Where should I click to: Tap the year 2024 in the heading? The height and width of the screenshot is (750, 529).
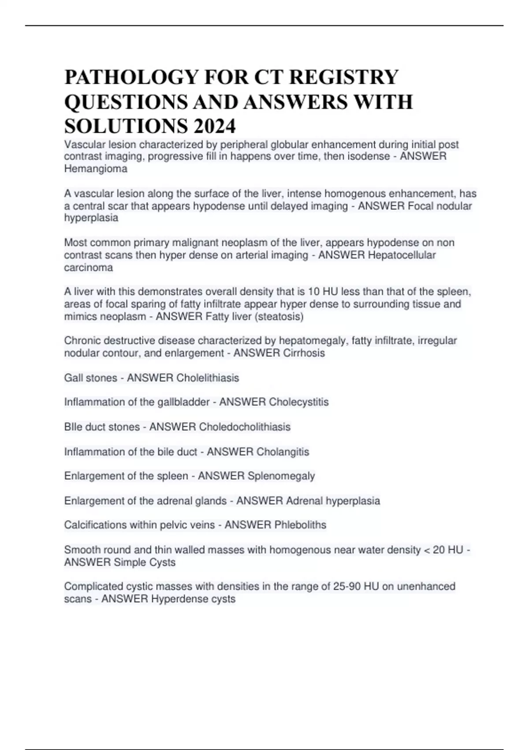pos(213,127)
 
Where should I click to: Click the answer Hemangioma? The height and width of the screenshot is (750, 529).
pos(96,169)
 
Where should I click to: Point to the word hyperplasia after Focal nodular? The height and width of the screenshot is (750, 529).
pos(91,217)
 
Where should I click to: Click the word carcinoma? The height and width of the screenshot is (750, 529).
pos(89,267)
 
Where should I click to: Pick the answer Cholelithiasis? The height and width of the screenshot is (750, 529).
pos(208,378)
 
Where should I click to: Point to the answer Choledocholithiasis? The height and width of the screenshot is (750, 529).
pos(245,427)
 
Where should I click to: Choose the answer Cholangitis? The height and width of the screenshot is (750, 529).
pos(283,452)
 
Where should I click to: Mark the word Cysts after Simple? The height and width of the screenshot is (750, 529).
pos(162,562)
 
